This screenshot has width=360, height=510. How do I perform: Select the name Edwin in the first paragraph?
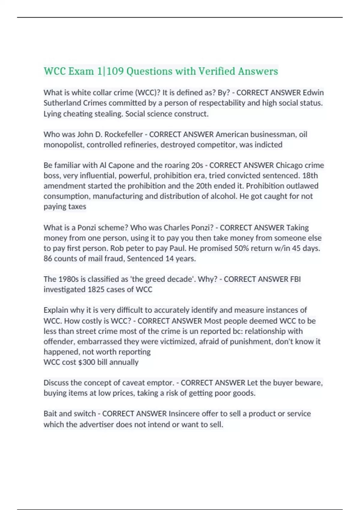coord(313,92)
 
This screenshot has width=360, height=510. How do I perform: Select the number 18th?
coord(310,175)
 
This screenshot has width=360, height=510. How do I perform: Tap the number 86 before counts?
coord(48,259)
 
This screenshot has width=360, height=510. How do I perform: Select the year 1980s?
coord(68,279)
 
